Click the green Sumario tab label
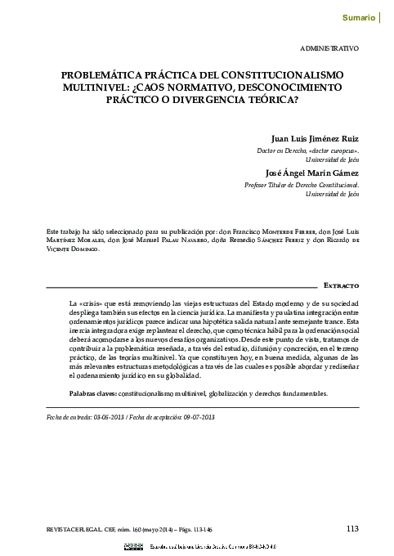359,16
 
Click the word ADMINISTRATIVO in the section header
330,49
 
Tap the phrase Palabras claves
92,393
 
